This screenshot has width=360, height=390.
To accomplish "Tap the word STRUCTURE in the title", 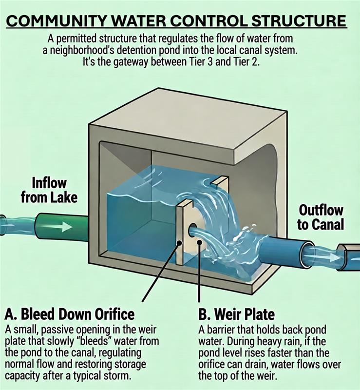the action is tap(299, 21).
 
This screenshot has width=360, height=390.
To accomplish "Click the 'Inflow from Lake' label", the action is tap(49, 190).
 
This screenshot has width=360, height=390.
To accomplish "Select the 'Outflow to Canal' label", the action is tap(321, 217).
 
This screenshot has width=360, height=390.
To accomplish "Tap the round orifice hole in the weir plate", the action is tap(192, 228).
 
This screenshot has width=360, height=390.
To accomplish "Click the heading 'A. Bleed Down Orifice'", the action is tap(70, 314).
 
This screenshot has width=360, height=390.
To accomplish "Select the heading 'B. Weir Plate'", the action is tap(236, 314).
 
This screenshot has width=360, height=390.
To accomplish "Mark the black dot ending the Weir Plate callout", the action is tap(199, 242).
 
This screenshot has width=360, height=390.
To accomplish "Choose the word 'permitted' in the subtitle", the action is tap(76, 39).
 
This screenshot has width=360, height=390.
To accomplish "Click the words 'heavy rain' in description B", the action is tap(281, 341).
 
